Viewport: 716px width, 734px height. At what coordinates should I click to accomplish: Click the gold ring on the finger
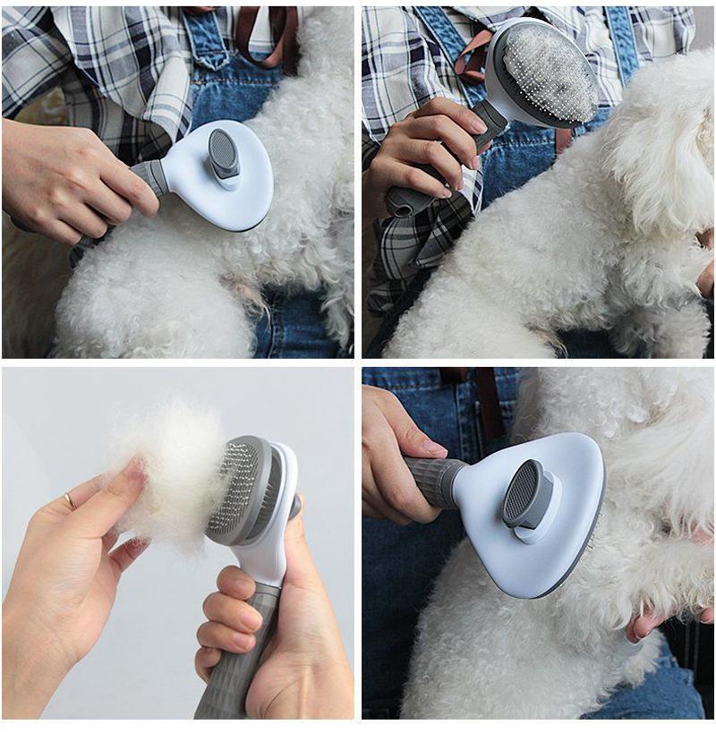pyautogui.click(x=69, y=500)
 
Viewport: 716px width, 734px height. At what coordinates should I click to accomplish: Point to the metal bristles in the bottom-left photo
pyautogui.click(x=231, y=488)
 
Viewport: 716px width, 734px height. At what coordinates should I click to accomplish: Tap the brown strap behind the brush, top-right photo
pyautogui.click(x=472, y=63)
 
